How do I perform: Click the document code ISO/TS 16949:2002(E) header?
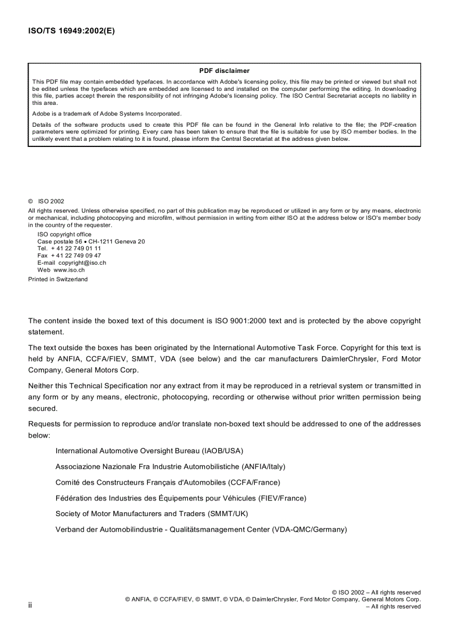pyautogui.click(x=71, y=31)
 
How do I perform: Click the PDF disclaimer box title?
pyautogui.click(x=224, y=71)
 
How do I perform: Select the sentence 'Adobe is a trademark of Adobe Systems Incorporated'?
pyautogui.click(x=107, y=113)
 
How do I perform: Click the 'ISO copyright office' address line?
pyautogui.click(x=64, y=234)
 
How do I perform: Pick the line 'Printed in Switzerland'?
pyautogui.click(x=58, y=279)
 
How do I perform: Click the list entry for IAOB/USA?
pyautogui.click(x=149, y=450)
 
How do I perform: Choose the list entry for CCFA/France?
pyautogui.click(x=167, y=482)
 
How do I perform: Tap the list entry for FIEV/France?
pyautogui.click(x=180, y=498)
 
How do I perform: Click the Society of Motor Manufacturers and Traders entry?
pyautogui.click(x=152, y=513)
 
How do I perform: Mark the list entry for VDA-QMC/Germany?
pyautogui.click(x=201, y=529)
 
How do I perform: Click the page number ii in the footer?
pyautogui.click(x=30, y=605)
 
